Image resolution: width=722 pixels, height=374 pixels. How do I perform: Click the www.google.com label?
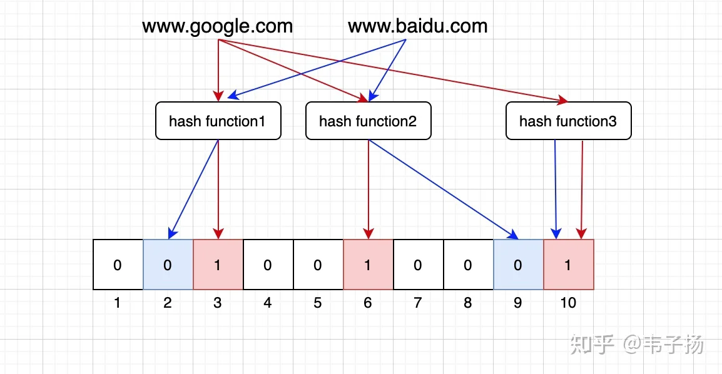point(217,27)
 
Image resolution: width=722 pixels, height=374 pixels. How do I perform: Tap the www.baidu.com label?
point(418,26)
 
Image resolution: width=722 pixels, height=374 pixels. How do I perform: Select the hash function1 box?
point(218,121)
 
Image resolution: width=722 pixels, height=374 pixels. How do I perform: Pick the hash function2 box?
point(369,121)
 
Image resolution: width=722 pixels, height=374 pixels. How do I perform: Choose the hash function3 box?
point(569,121)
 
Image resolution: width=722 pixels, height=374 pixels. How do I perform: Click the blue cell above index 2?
point(168,265)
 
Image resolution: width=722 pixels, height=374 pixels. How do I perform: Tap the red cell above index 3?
point(218,265)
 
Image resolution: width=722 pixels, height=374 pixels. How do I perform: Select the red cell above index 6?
point(369,265)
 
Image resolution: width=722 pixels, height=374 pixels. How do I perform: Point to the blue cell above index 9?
point(519,265)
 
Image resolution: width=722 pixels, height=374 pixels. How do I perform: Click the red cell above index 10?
point(569,265)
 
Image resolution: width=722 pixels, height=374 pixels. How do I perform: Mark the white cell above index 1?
point(118,265)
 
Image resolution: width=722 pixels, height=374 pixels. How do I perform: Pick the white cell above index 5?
point(318,265)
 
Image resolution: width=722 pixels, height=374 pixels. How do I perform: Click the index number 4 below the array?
point(268,303)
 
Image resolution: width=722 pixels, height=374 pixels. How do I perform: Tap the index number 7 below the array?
point(418,303)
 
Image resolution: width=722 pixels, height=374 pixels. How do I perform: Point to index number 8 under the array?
point(468,303)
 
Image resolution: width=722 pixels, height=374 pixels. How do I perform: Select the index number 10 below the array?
point(568,303)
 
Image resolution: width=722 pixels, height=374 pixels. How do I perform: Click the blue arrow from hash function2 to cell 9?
point(444,190)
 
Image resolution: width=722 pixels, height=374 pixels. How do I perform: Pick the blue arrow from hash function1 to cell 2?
point(193,190)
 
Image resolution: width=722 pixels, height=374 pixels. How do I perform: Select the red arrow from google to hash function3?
point(393,71)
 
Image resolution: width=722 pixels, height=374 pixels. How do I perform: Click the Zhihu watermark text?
point(637,344)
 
